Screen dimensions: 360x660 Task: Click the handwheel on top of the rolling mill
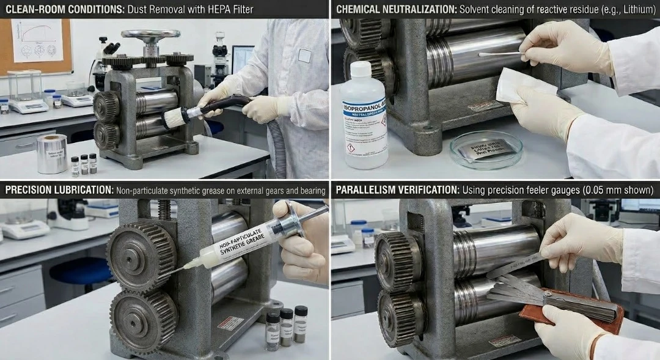click(x=150, y=34)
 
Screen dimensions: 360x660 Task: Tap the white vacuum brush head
click(x=174, y=117)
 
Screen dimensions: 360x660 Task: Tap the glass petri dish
click(x=486, y=150)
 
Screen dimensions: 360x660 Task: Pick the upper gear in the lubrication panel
click(x=141, y=254)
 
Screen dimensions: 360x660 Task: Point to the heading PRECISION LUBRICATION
click(x=59, y=191)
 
